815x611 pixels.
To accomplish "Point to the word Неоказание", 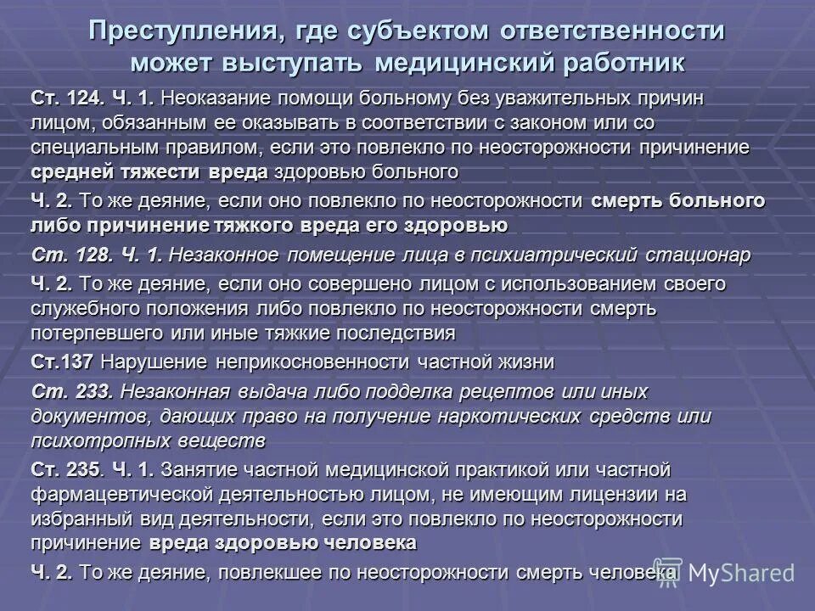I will pos(207,98).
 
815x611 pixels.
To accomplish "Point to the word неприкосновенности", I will pos(314,362).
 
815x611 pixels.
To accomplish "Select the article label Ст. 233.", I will pos(72,392).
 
